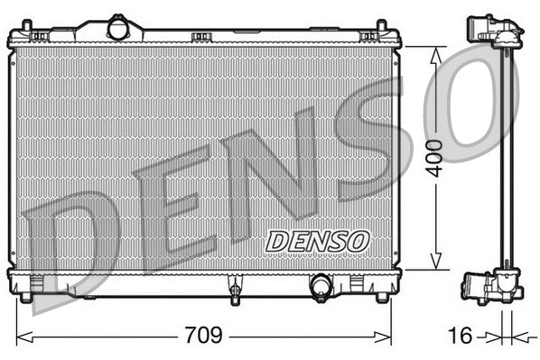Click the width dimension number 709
(x=204, y=336)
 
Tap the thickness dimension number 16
(x=461, y=336)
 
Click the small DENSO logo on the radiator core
(x=317, y=241)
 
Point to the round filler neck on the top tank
(x=118, y=29)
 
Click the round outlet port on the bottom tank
(x=321, y=287)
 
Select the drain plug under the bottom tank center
(x=235, y=290)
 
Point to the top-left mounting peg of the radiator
(x=41, y=35)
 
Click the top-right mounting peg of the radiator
(x=368, y=35)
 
